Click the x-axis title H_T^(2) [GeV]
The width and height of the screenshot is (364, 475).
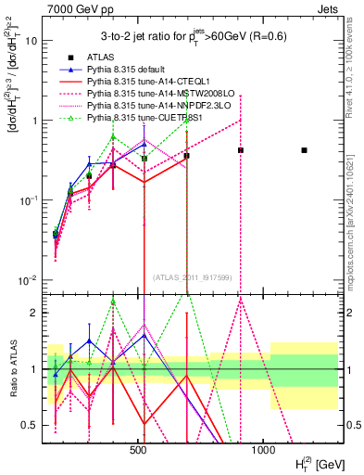tap(309, 462)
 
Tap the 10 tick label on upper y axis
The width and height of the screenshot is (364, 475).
tap(31, 41)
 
